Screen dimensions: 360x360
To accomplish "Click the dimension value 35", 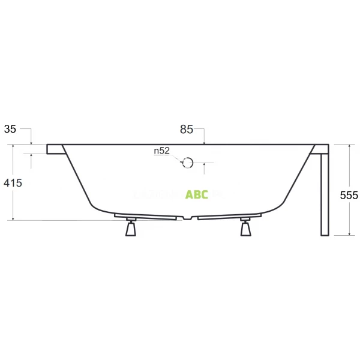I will click(10, 129).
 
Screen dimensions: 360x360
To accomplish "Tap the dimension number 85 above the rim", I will click(186, 129).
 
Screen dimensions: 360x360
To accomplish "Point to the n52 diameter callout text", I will click(161, 151).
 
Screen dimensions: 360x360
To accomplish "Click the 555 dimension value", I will click(349, 195).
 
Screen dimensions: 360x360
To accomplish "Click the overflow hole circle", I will click(188, 162).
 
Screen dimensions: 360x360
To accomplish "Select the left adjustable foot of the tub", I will click(130, 229).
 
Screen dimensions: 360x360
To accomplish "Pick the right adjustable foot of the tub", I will click(245, 229).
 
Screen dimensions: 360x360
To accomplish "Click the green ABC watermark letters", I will click(197, 194).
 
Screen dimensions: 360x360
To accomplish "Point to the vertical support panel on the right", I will click(325, 192).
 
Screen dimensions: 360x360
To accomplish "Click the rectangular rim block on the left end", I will click(55, 148).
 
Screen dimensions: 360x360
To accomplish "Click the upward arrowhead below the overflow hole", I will click(205, 164).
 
